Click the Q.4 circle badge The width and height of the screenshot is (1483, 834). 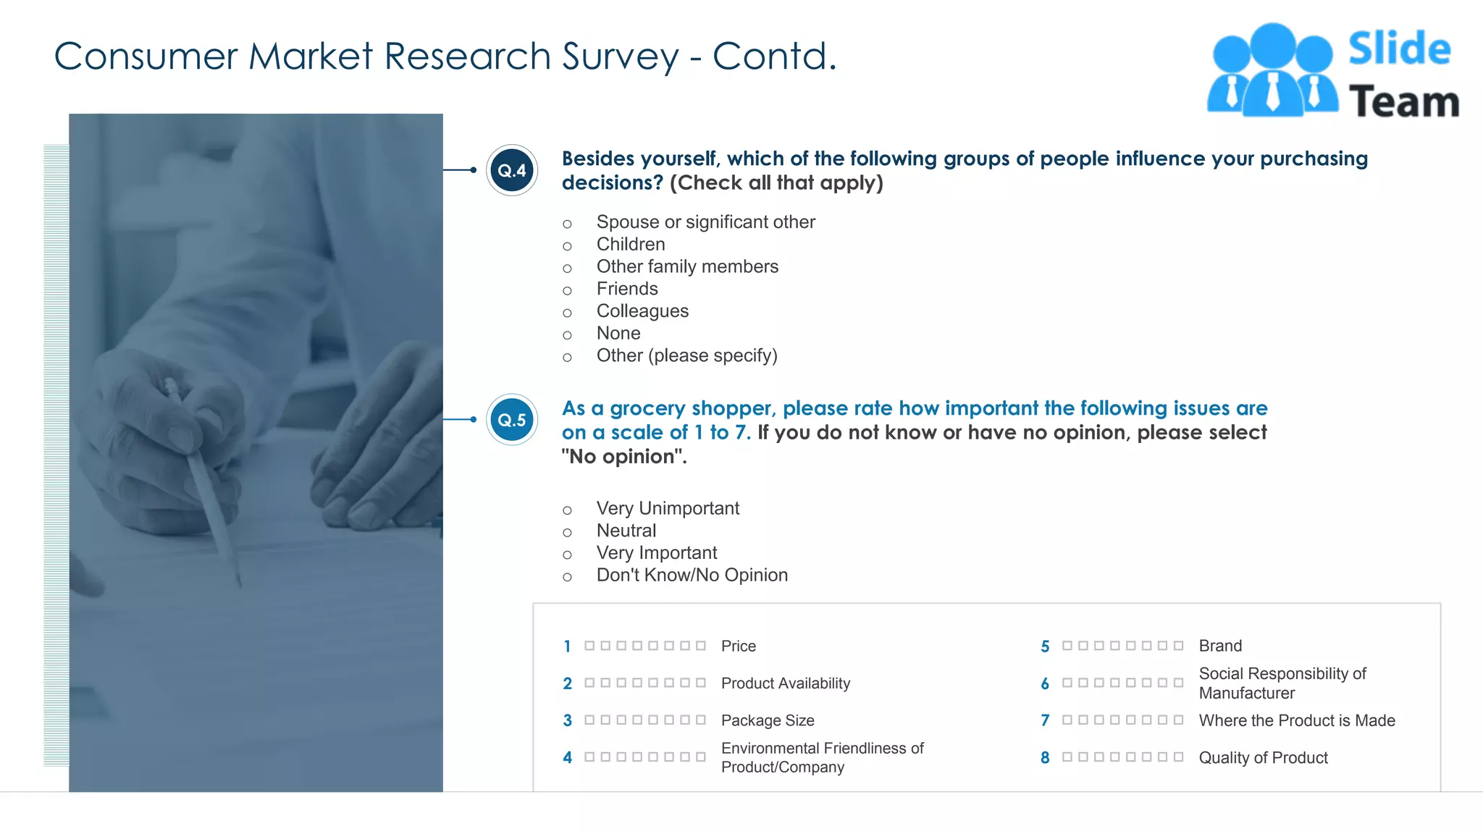[x=512, y=171]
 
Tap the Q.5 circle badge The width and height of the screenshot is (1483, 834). [x=512, y=420]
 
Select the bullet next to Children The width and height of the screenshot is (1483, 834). [x=567, y=246]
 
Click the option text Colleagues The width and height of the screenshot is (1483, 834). [x=642, y=311]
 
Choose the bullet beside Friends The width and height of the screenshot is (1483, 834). [x=567, y=291]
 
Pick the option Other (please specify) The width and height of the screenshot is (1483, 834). [x=686, y=355]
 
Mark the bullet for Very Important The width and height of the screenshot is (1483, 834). [x=567, y=555]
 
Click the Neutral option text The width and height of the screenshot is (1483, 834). [x=626, y=531]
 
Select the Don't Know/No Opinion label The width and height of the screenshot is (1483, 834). [x=692, y=575]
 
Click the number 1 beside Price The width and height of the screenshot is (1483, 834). [x=567, y=646]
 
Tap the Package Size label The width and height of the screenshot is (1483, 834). [x=768, y=720]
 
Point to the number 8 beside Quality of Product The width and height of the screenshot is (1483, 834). [x=1045, y=758]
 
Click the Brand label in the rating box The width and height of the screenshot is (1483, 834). [x=1220, y=646]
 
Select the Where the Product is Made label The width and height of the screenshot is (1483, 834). [x=1297, y=720]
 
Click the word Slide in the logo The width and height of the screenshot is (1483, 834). [x=1399, y=49]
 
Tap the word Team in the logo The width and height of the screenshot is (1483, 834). [x=1403, y=102]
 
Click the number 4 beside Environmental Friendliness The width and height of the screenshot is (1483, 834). [x=567, y=758]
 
